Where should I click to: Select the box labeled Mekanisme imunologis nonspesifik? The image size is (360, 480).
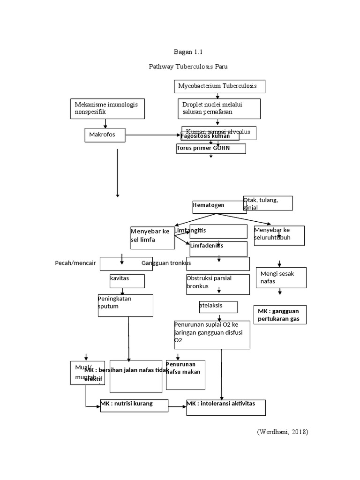(x=107, y=109)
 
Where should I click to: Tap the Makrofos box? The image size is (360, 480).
(x=105, y=135)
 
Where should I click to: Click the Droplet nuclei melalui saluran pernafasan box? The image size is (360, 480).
(x=219, y=108)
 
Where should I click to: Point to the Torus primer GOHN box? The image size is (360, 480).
(x=210, y=149)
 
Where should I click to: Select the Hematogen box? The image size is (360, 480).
(x=219, y=207)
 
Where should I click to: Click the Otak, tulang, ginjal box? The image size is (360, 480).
(x=268, y=203)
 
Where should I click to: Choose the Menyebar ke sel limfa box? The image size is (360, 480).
(x=152, y=238)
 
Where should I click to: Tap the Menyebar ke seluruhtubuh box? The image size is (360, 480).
(x=279, y=235)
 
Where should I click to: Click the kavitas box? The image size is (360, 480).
(x=127, y=281)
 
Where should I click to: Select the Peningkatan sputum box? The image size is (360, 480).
(x=125, y=305)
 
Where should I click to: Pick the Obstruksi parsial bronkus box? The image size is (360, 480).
(x=217, y=284)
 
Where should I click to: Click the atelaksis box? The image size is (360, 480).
(x=218, y=307)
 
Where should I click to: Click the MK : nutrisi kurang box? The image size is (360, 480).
(x=134, y=405)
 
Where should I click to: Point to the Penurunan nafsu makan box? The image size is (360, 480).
(x=185, y=375)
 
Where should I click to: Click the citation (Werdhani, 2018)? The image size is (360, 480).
(x=282, y=432)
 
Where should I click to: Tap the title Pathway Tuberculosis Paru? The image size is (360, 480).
(x=188, y=67)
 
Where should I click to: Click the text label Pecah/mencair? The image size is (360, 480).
(x=75, y=263)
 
